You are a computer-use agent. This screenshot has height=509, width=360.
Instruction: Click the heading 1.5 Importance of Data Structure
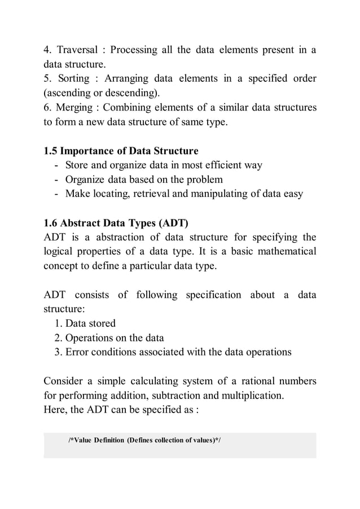pyautogui.click(x=121, y=151)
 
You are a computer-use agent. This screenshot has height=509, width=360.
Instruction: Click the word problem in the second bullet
pyautogui.click(x=204, y=179)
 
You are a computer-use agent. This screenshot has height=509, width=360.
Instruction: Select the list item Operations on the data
pyautogui.click(x=114, y=337)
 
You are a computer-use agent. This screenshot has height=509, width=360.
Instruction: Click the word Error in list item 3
pyautogui.click(x=77, y=352)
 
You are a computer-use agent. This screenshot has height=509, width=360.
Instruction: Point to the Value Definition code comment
pyautogui.click(x=144, y=440)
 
